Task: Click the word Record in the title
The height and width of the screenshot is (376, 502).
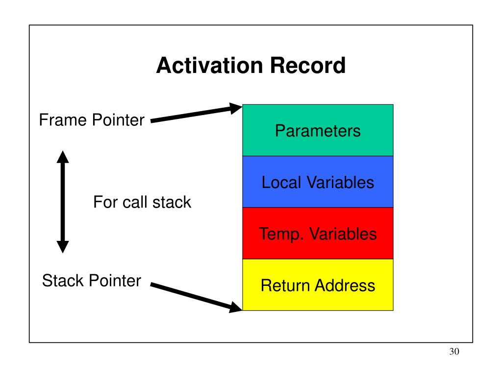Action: pos(308,66)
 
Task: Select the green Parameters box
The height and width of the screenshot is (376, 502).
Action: pos(318,130)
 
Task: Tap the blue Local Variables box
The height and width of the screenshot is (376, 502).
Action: pos(318,182)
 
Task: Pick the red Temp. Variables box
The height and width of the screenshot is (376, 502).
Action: pos(318,233)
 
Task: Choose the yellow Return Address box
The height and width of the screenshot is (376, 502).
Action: pos(318,284)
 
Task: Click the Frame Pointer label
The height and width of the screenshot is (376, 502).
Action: pos(92,121)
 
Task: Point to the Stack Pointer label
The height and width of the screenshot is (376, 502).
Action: pos(92,281)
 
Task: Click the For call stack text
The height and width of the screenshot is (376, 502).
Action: pos(142,202)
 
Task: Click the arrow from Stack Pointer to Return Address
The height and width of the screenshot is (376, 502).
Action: pos(196,297)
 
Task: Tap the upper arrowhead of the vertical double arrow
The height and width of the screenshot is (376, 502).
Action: pos(63,157)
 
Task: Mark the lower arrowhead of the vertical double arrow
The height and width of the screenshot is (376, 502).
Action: pos(63,247)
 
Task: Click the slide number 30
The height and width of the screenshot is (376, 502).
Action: pos(454,352)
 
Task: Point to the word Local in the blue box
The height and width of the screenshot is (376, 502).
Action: pos(281,183)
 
